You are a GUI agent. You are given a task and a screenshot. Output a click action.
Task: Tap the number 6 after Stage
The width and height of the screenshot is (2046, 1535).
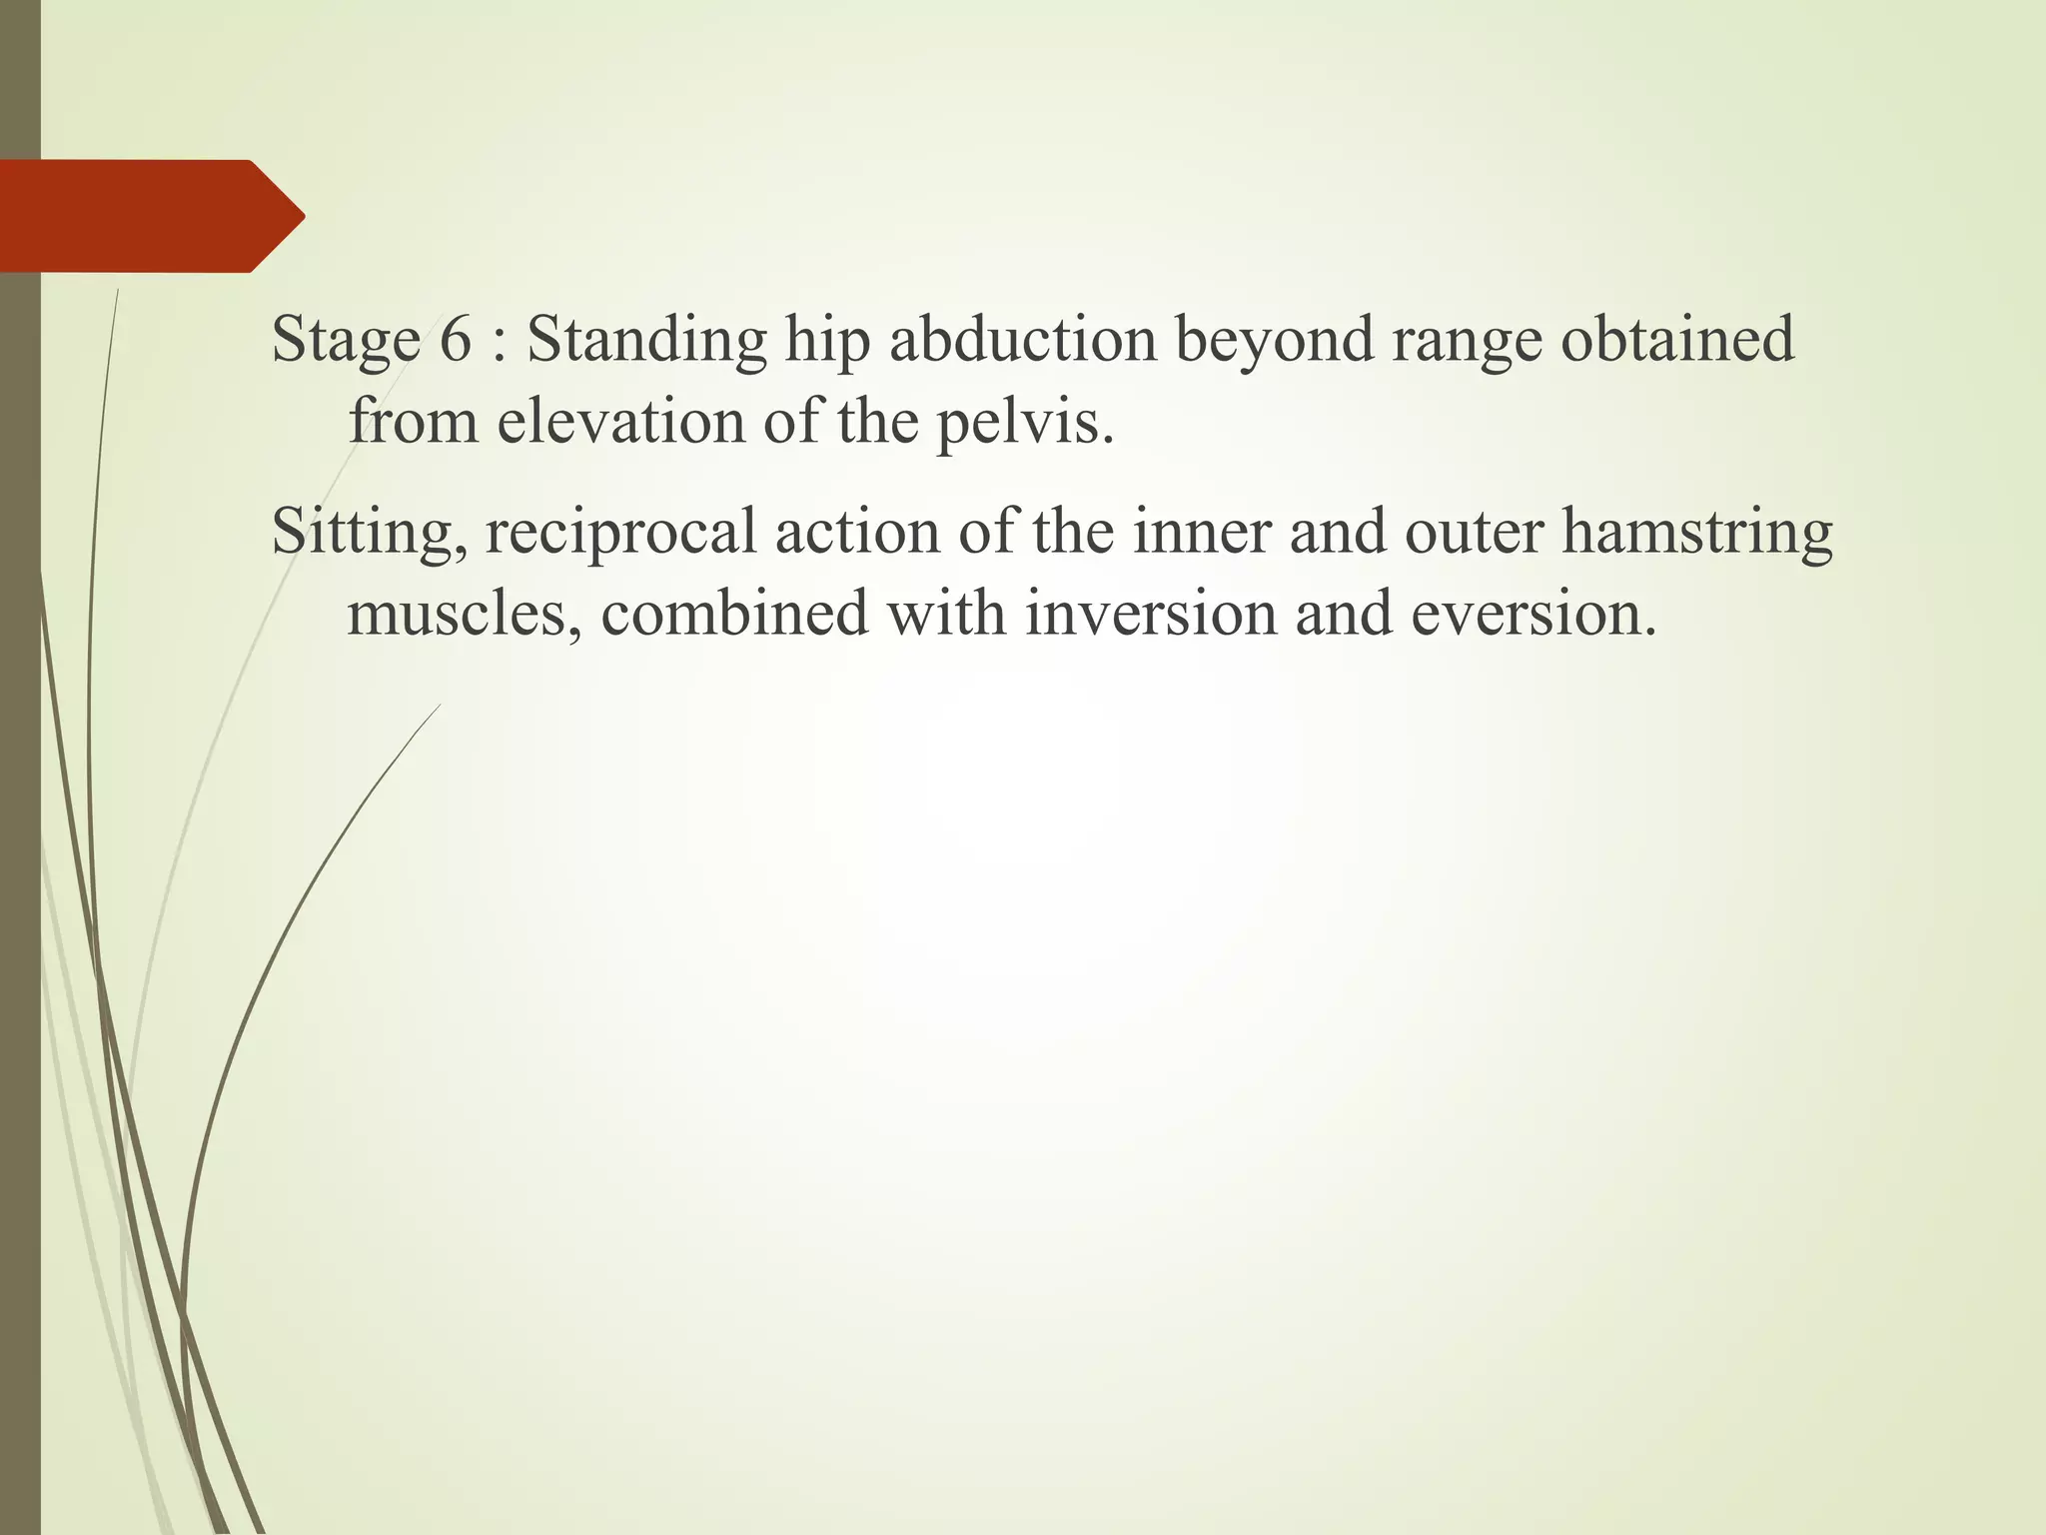(x=455, y=340)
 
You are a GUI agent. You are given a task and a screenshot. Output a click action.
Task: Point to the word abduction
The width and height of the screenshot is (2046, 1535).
(x=1022, y=340)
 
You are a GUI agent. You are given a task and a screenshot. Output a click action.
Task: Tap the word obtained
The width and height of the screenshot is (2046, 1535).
(x=1677, y=340)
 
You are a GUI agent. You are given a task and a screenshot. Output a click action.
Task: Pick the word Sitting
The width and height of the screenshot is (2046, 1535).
(x=369, y=533)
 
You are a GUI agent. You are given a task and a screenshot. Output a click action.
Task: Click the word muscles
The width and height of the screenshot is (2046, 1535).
(x=464, y=614)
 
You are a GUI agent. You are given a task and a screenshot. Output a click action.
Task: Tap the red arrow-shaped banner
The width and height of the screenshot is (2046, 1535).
(x=150, y=216)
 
